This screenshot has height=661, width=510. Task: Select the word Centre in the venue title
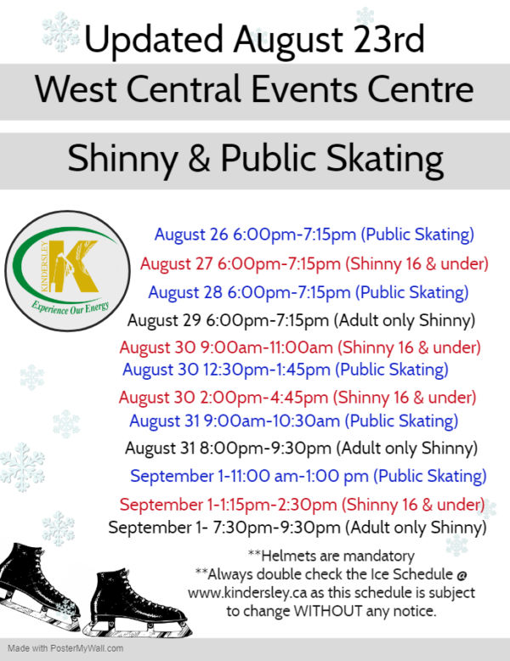tap(428, 89)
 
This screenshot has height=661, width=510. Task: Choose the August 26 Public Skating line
tap(314, 234)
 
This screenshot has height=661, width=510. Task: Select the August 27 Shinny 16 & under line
tap(311, 263)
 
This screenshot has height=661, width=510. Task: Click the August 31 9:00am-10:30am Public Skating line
tap(293, 421)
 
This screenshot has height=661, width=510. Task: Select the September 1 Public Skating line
tap(308, 476)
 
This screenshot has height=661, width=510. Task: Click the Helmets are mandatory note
tap(337, 556)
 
